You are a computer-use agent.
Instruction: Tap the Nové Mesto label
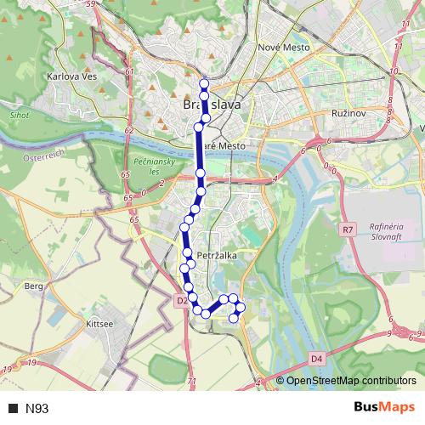[x=284, y=48]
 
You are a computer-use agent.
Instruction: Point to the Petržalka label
[x=214, y=254]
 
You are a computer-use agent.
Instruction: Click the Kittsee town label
[x=99, y=325]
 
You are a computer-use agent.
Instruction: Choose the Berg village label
[x=34, y=287]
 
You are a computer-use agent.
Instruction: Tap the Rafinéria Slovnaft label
[x=384, y=232]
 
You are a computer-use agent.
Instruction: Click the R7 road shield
[x=347, y=229]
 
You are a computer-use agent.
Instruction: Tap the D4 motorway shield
[x=316, y=359]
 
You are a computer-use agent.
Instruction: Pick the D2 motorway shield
[x=182, y=300]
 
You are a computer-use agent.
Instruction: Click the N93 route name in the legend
[x=37, y=409]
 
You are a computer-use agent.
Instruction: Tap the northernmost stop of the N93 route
[x=204, y=83]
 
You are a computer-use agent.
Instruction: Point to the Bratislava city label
[x=212, y=105]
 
